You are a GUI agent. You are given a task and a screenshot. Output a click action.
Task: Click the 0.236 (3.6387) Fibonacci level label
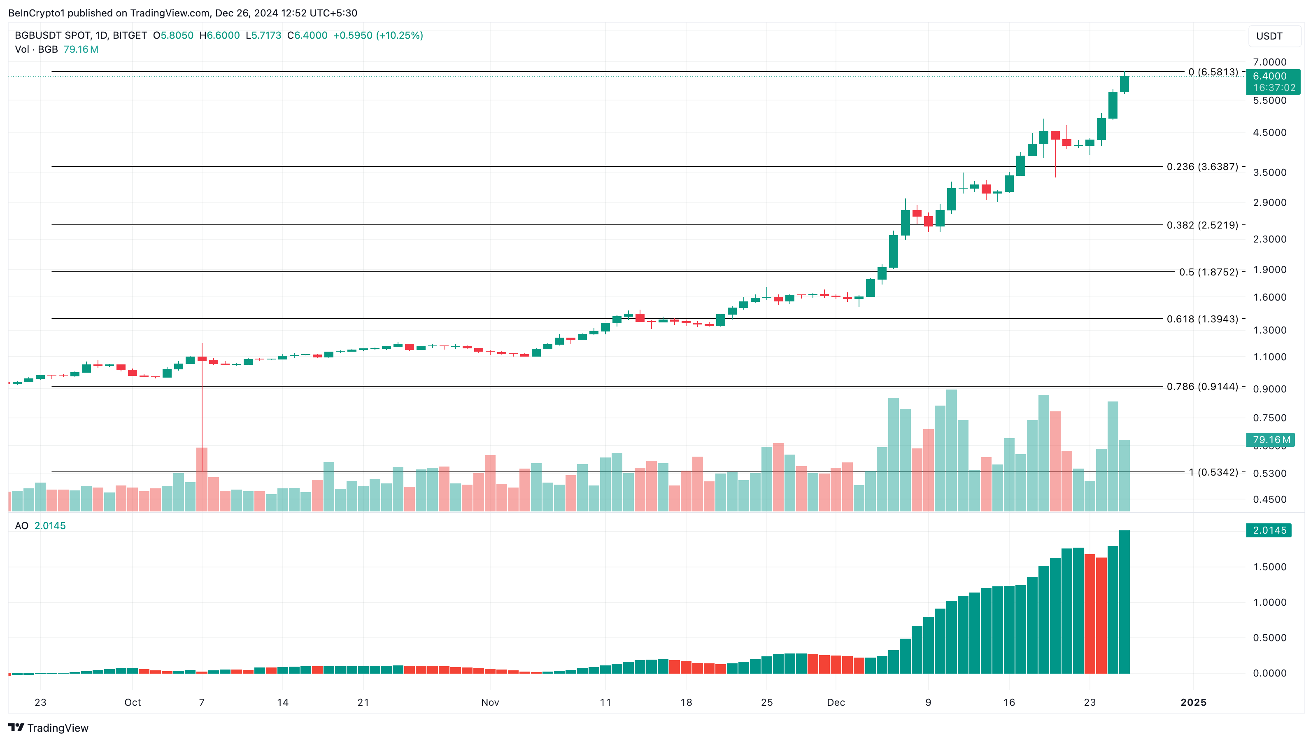coord(1202,167)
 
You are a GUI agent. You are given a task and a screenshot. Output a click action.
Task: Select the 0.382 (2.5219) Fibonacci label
coord(1202,225)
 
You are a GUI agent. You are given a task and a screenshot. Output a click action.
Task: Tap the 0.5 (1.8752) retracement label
coord(1208,272)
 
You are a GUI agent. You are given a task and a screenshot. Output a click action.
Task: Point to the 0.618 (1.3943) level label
coord(1202,319)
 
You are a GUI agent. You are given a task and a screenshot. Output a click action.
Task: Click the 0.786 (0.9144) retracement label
coord(1202,387)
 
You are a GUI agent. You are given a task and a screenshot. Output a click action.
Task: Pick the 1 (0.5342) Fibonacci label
coord(1213,472)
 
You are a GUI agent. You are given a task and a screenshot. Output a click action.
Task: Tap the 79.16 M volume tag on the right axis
coord(1271,440)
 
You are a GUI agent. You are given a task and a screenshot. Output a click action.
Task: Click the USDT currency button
coord(1269,36)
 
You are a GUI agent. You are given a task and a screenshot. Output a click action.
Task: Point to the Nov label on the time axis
coord(490,702)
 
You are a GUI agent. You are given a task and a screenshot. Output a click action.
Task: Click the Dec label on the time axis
coord(836,702)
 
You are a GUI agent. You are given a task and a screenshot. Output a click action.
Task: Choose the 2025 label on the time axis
coord(1193,702)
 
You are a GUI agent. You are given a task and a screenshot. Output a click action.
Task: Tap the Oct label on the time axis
coord(133,702)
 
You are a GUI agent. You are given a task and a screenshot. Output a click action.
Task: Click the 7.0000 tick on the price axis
coord(1269,62)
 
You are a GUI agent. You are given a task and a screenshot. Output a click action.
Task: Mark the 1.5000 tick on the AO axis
coord(1269,567)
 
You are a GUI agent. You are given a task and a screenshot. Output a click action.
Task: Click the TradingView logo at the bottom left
coord(49,728)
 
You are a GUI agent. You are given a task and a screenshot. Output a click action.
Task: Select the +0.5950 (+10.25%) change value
coord(378,35)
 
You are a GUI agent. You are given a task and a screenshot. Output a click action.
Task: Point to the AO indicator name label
coord(21,526)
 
